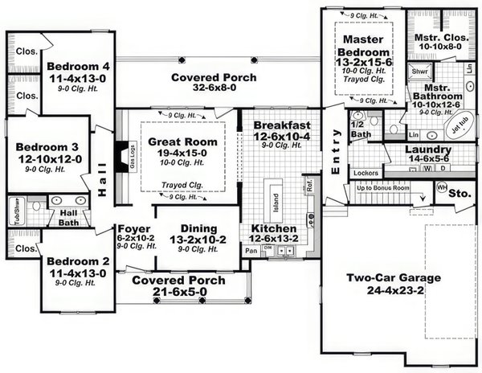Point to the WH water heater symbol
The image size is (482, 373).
(x=441, y=187)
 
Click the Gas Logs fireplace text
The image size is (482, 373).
(x=133, y=152)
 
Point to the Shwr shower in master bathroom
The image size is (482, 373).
(x=419, y=72)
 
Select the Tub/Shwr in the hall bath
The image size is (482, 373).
(x=15, y=209)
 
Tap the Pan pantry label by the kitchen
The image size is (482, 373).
(x=251, y=251)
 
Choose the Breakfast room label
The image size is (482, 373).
(x=281, y=125)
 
